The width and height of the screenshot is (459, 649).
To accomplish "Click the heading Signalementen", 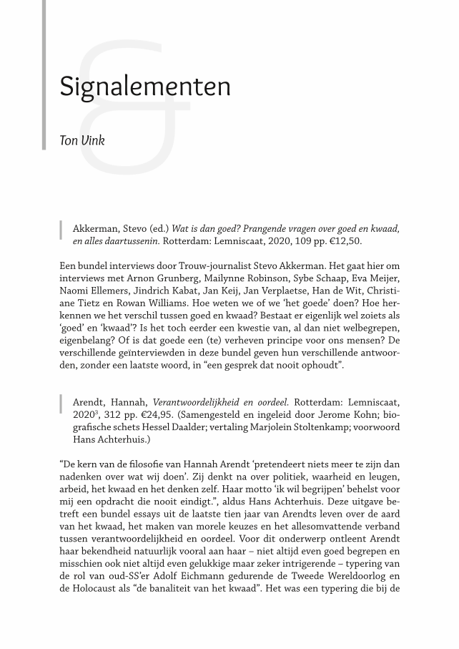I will coord(145,87).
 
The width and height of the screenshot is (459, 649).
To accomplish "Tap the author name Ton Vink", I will coord(82,140).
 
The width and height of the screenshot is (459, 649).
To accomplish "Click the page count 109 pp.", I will coord(300,242).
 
